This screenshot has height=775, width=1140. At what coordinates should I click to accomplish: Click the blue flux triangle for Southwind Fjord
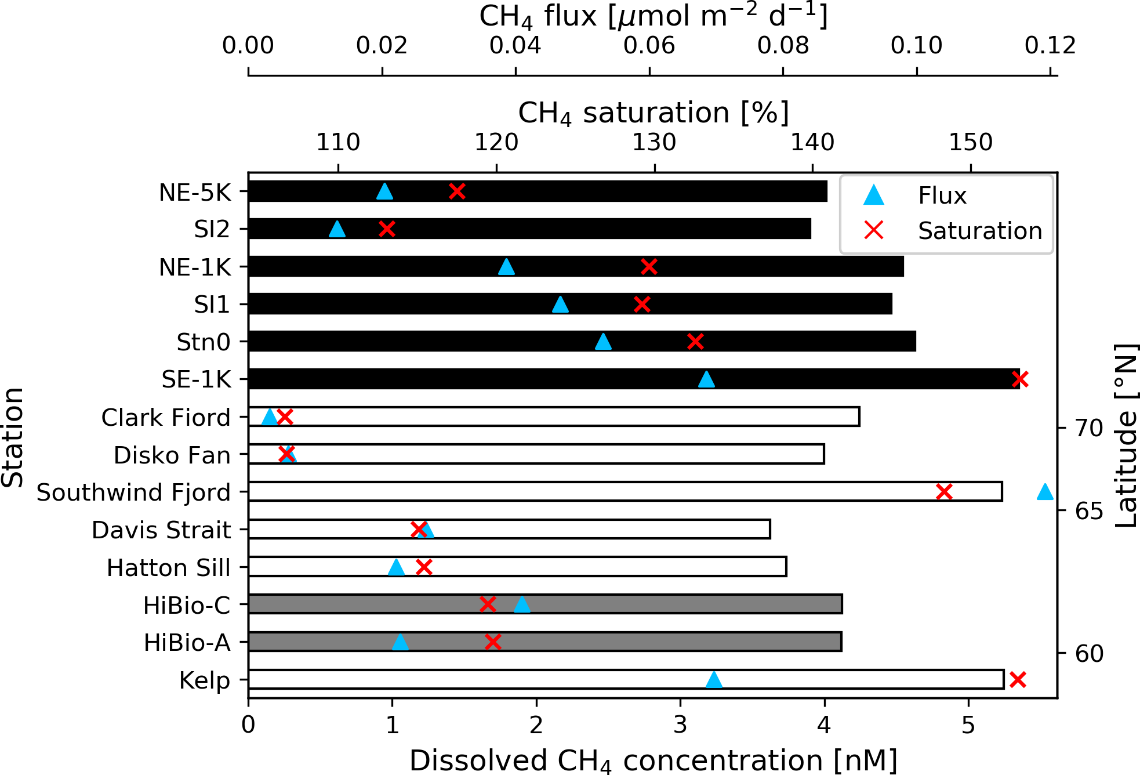1044,492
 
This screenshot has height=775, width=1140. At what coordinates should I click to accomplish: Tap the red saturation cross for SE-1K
1020,379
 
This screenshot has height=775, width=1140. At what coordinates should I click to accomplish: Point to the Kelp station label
204,680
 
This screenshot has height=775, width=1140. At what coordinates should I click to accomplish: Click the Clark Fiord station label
166,417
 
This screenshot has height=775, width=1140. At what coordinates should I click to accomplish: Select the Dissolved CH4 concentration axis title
653,760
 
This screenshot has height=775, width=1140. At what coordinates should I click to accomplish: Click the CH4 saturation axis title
653,113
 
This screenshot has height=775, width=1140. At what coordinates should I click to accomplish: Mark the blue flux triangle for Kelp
714,680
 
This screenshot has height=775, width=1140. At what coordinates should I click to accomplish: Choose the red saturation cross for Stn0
695,342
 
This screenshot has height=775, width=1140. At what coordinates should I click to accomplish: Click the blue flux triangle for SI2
337,229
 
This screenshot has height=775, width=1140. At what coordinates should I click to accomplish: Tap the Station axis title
13,437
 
